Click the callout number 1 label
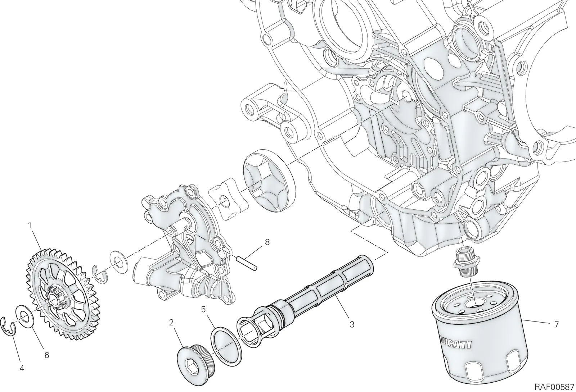point(30,226)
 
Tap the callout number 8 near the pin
point(267,242)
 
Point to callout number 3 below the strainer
point(352,324)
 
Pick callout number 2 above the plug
point(171,322)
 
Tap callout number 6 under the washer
point(46,355)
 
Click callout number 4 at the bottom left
point(22,369)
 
